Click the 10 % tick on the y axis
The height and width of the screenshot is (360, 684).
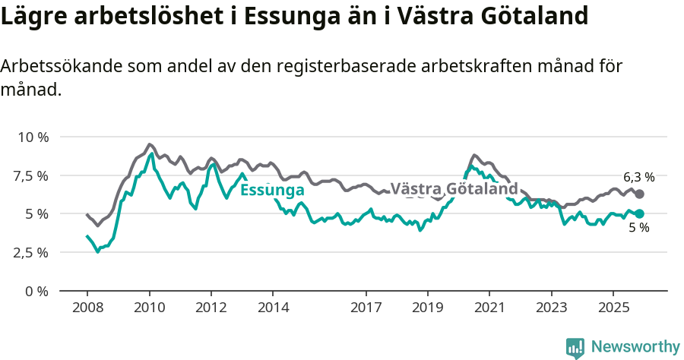33,137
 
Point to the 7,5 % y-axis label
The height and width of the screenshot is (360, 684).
31,176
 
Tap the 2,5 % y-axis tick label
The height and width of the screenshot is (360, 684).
31,252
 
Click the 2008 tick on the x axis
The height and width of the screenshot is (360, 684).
87,308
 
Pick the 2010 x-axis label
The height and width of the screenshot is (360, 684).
149,308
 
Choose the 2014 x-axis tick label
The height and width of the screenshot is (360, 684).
273,308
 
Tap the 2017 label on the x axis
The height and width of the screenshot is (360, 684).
366,308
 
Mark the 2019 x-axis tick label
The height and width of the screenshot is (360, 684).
427,308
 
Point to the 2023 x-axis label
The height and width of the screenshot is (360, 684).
551,308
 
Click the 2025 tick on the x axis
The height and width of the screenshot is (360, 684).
613,308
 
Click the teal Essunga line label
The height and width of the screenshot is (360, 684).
272,190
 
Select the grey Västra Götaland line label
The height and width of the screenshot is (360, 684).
454,188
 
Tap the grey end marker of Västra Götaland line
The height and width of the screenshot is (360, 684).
639,194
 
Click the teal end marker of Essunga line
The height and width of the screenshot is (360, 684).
639,214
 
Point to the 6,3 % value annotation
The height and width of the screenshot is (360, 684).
638,177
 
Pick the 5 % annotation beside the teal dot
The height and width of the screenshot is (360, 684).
638,228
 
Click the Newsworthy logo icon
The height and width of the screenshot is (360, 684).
575,348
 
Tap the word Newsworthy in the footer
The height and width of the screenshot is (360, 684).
635,347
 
